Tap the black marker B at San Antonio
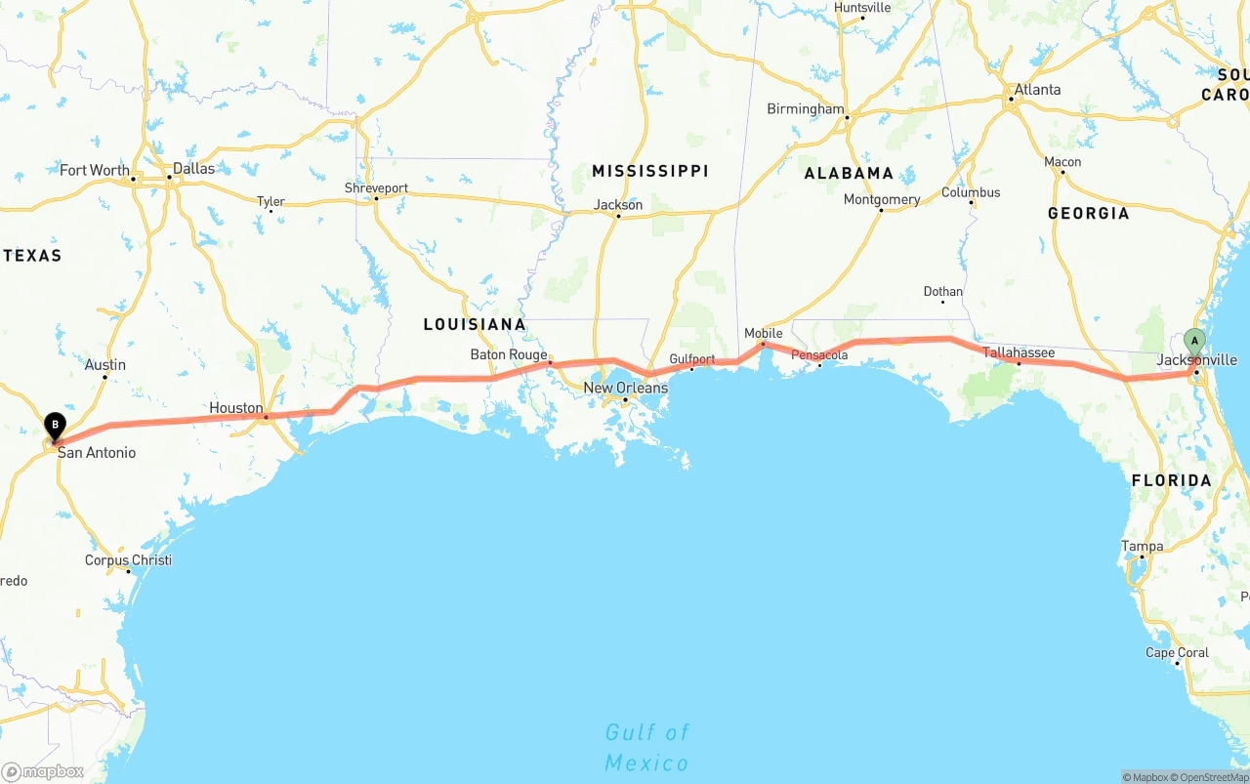click(x=56, y=426)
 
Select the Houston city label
click(x=235, y=408)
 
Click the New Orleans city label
click(x=625, y=388)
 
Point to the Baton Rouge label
click(x=509, y=354)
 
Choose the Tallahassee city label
click(x=1019, y=352)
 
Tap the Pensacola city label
click(x=819, y=354)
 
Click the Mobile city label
click(x=763, y=333)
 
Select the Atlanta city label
click(x=1037, y=90)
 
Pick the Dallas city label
click(x=193, y=168)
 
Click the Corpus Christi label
click(x=128, y=560)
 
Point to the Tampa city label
click(x=1142, y=546)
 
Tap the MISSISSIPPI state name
click(x=650, y=171)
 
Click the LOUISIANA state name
click(x=475, y=324)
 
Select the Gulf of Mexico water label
click(x=646, y=747)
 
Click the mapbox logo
click(x=43, y=771)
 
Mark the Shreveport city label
click(x=376, y=188)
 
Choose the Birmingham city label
click(x=805, y=109)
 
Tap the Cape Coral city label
click(x=1177, y=652)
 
